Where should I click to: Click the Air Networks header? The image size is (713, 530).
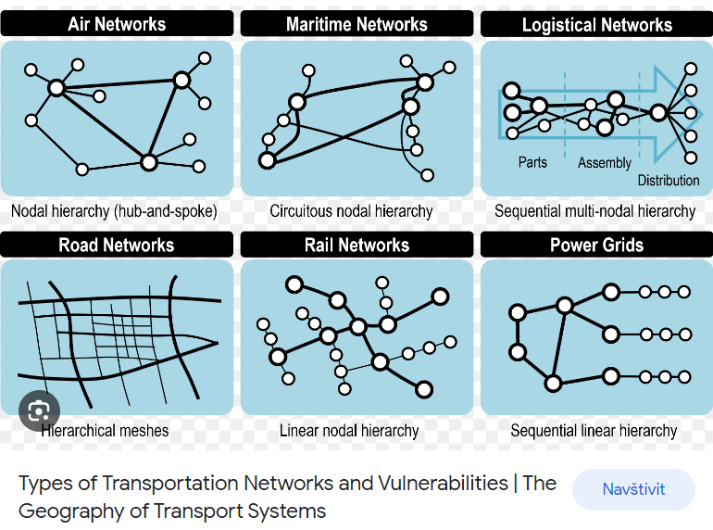click(117, 24)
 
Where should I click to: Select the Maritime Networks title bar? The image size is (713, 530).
click(356, 24)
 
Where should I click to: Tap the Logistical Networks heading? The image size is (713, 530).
click(596, 25)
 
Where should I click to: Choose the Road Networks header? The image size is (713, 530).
click(117, 245)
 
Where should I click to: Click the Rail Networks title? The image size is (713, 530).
click(356, 245)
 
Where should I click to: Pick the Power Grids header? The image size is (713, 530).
click(596, 245)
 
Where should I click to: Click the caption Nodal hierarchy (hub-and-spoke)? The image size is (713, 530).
click(114, 211)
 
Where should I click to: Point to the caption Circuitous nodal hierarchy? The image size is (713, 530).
click(351, 211)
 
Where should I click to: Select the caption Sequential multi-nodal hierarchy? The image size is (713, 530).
click(594, 211)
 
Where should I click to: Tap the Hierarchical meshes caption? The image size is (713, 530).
click(106, 430)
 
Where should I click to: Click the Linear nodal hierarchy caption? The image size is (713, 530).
click(349, 431)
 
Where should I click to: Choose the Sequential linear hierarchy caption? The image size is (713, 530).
click(594, 431)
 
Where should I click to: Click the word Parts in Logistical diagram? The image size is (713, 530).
click(532, 162)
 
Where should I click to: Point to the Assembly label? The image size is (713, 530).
click(604, 163)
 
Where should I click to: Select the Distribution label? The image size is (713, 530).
click(669, 181)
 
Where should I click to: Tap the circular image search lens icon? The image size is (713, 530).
click(39, 410)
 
